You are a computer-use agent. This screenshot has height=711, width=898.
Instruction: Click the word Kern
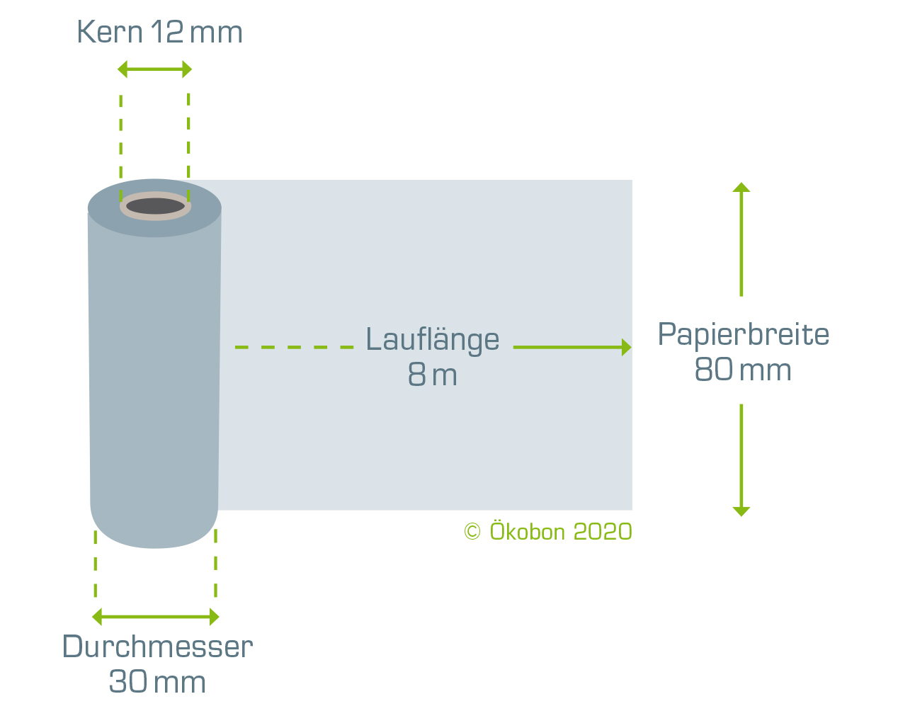110,32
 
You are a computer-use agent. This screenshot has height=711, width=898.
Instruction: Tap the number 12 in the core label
167,32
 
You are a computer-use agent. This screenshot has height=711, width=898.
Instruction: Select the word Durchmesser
158,647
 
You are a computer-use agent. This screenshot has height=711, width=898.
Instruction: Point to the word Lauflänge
432,340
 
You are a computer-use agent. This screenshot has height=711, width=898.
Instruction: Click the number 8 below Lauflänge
417,375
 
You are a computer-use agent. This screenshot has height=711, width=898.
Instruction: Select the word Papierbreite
743,335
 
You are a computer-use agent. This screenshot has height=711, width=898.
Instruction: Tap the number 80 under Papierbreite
714,369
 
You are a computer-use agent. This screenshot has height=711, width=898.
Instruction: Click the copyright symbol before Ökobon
472,532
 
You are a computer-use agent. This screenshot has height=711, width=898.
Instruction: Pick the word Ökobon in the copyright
528,530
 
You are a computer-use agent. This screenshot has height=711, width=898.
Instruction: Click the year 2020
603,532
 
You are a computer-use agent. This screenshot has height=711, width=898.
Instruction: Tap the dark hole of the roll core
155,206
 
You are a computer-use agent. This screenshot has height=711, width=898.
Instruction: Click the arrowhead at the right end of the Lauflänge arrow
626,347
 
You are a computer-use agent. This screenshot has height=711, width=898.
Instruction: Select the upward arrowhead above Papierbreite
741,188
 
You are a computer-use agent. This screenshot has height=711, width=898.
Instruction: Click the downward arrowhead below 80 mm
741,511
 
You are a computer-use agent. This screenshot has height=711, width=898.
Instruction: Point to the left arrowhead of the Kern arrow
123,69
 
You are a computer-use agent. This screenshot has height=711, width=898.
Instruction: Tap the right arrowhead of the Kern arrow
187,69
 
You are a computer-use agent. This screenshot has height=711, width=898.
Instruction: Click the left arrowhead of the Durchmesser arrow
97,617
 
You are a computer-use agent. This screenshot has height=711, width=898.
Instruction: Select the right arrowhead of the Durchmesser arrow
215,617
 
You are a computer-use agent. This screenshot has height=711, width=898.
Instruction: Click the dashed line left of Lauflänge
294,347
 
